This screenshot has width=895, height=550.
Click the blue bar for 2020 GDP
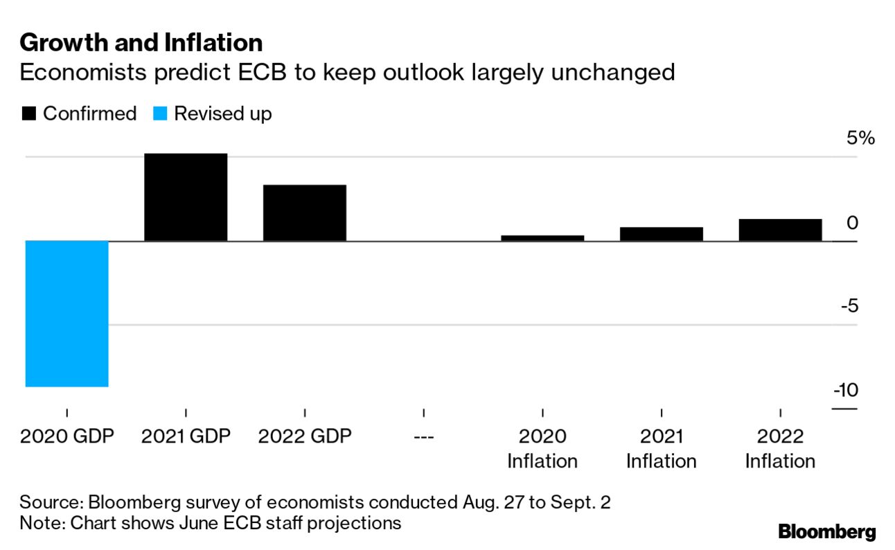67,313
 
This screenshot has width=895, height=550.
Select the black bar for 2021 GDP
186,197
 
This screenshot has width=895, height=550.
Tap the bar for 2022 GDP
305,213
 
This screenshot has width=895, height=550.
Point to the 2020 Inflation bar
542,238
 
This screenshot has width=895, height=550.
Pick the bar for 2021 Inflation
662,234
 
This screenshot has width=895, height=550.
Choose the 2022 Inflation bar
780,230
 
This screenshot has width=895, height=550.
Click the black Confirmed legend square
29,114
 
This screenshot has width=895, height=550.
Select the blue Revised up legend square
160,114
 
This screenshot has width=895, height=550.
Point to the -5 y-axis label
848,306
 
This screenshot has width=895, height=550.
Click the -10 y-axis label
845,391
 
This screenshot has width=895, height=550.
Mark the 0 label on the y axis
853,223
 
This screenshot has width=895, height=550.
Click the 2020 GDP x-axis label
67,436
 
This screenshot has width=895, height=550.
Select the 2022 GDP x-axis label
305,436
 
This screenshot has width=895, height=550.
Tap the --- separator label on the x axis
423,437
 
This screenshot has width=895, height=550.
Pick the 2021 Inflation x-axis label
662,449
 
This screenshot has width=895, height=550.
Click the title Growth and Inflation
141,43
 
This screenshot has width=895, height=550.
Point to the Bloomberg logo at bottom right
826,532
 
